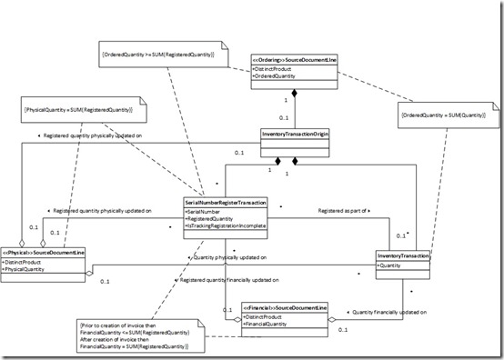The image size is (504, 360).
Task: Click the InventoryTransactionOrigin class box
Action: click(x=293, y=135)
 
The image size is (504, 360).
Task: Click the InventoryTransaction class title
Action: click(x=401, y=255)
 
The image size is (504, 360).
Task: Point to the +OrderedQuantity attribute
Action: click(x=277, y=76)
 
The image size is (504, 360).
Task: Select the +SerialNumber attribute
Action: click(x=207, y=210)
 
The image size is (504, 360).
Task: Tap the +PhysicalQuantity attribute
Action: click(x=36, y=269)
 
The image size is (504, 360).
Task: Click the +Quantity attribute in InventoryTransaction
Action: click(x=391, y=266)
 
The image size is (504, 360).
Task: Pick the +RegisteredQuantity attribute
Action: click(x=212, y=219)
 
